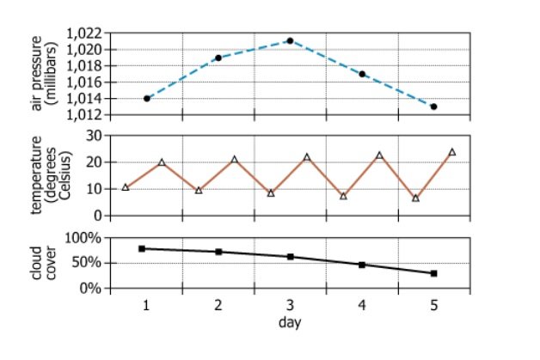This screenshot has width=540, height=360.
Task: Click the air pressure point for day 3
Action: click(290, 40)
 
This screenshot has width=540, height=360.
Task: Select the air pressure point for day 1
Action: click(147, 98)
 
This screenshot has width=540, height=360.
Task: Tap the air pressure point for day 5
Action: click(434, 107)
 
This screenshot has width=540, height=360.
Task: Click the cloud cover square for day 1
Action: click(141, 248)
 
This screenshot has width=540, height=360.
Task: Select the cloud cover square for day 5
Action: click(434, 273)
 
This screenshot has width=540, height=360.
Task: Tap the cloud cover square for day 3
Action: click(291, 256)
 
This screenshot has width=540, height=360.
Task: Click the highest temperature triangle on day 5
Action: click(452, 152)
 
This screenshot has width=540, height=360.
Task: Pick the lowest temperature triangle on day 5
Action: click(416, 198)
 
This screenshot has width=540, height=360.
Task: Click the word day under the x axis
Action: click(289, 322)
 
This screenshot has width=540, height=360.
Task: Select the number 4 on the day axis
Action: click(362, 306)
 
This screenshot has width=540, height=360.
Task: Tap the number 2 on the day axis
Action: click(218, 306)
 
